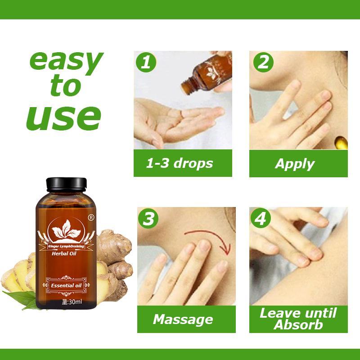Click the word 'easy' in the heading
[x=66, y=60]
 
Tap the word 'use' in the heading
[x=64, y=118]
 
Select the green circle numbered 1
[x=146, y=62]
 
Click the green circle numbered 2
[x=263, y=62]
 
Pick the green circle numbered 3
[x=148, y=218]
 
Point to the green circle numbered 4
[x=261, y=218]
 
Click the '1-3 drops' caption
[x=180, y=163]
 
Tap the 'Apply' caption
[x=295, y=164]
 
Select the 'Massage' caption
[x=183, y=320]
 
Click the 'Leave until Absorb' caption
[x=298, y=319]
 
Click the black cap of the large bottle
[x=66, y=184]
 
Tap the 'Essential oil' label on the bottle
[x=66, y=286]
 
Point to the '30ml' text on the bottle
[x=72, y=301]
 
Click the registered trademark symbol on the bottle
[x=91, y=217]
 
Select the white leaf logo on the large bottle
[x=66, y=229]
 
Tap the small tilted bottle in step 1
[x=206, y=74]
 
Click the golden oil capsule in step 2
[x=341, y=142]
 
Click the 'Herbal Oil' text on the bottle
[x=64, y=253]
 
